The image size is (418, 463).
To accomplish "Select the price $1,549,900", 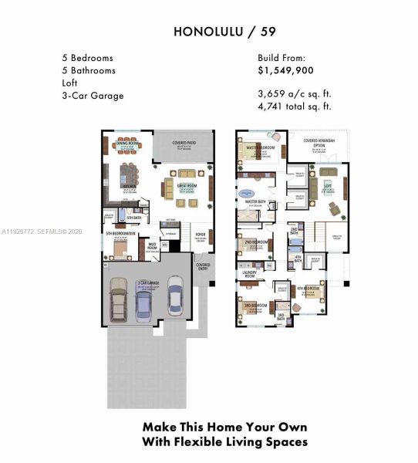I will (x=286, y=69).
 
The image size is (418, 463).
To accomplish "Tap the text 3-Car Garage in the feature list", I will (x=93, y=96).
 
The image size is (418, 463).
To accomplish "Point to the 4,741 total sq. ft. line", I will (x=295, y=106).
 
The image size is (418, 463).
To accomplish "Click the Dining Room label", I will (x=127, y=144).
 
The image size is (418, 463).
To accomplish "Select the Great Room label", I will (x=187, y=186).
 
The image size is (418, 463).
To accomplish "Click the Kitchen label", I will (x=130, y=186).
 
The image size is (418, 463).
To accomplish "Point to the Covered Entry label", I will (x=203, y=266).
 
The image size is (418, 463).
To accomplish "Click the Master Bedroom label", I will (x=261, y=147).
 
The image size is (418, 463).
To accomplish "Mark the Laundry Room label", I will (x=249, y=273).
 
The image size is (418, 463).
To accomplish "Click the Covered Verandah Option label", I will (x=320, y=143).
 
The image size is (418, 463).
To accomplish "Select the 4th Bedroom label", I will (x=308, y=289).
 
